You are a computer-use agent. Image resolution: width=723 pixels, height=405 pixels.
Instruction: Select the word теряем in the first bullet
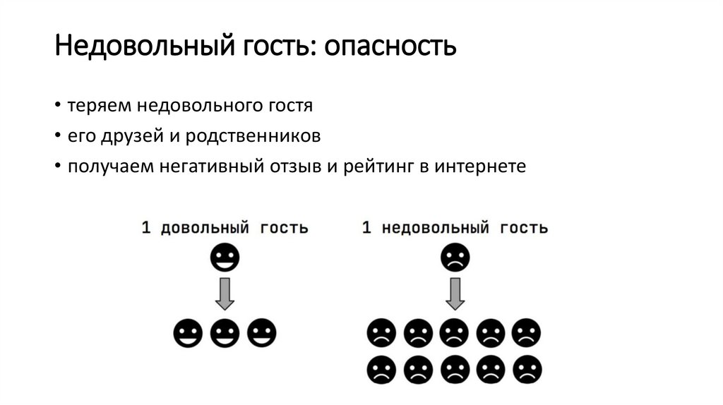pos(99,107)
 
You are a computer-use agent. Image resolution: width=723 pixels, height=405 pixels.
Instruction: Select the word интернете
pos(481,167)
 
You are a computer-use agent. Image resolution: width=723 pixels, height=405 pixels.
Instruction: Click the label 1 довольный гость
pos(225,229)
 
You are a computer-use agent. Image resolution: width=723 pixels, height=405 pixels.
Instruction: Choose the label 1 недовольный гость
pos(455,229)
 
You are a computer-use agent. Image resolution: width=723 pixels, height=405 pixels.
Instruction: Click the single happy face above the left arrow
pos(225,258)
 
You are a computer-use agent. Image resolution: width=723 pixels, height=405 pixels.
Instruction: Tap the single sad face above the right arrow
pos(455,258)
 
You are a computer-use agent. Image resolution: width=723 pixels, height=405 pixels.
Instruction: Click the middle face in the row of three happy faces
pos(225,332)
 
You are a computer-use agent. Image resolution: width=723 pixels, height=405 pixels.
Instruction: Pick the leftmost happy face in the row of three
pos(189,332)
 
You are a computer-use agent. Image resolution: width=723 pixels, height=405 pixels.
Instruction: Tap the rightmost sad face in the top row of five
pos(527,332)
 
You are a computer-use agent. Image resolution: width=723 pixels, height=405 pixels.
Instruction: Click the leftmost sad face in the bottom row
pos(382,369)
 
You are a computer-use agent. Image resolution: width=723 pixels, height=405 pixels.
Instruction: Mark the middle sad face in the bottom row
pos(455,369)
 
